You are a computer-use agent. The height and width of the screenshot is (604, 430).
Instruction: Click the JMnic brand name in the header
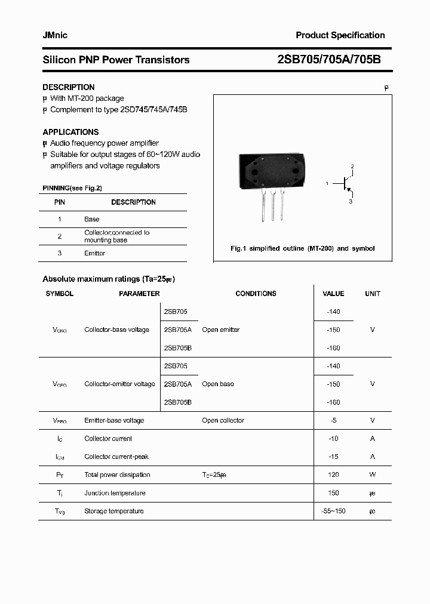tap(55, 36)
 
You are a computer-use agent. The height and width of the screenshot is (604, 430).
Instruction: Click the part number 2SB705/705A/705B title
tap(329, 60)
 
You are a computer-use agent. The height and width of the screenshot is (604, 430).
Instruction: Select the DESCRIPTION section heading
tap(69, 87)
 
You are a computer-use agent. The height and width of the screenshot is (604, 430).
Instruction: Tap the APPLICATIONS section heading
tap(70, 132)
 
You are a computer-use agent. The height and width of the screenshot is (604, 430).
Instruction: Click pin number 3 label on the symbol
tap(351, 202)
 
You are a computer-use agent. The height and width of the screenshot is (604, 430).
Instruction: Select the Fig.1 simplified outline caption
tap(302, 248)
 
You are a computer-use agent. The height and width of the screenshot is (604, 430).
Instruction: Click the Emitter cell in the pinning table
tap(94, 254)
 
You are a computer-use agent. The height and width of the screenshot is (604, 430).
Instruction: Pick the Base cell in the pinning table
tap(92, 220)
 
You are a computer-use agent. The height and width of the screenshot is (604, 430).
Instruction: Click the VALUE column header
tap(333, 294)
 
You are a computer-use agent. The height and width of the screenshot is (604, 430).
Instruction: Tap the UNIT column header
tap(373, 294)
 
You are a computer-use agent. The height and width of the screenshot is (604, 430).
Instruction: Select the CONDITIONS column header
tap(256, 294)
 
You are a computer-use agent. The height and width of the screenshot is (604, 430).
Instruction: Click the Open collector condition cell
tap(223, 421)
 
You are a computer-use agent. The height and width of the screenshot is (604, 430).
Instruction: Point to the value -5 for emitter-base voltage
tap(333, 421)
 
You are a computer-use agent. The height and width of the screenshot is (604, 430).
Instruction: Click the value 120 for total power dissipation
tap(333, 475)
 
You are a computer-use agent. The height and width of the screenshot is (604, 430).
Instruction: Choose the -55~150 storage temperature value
tap(333, 511)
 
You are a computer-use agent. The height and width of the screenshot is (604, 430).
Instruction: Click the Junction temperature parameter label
tap(115, 493)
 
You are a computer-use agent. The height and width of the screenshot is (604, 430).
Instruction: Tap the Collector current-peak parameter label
tap(116, 457)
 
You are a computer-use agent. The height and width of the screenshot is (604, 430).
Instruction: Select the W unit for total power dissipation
tap(373, 475)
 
